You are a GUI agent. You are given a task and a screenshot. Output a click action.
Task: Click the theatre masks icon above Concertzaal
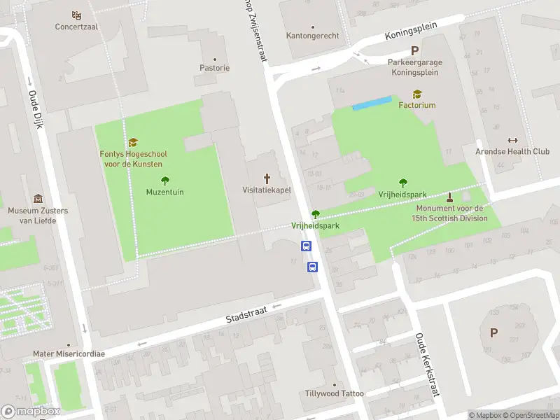click(x=77, y=15)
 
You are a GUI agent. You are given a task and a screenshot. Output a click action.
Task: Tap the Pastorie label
click(x=214, y=68)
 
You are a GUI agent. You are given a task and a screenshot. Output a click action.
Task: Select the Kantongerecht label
click(x=312, y=36)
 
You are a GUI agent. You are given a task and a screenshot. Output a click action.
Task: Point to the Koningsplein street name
click(x=411, y=30)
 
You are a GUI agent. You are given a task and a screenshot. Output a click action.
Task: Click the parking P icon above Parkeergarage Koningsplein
click(x=415, y=50)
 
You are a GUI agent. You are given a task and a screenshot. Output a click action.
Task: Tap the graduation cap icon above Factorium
click(x=417, y=94)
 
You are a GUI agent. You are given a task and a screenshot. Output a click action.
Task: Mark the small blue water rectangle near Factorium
click(x=371, y=104)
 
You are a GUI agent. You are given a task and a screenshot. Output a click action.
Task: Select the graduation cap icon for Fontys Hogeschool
click(x=133, y=142)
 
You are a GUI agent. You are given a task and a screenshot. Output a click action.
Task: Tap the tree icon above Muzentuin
click(x=165, y=180)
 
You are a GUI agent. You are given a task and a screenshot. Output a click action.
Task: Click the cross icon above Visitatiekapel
click(x=267, y=178)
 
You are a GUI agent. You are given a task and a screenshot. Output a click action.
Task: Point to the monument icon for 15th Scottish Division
click(x=449, y=197)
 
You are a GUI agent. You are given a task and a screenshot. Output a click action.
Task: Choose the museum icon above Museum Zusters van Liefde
click(x=38, y=199)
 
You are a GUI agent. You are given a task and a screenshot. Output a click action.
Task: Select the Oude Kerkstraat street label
click(x=426, y=364)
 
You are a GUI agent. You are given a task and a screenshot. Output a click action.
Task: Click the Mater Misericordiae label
click(x=69, y=353)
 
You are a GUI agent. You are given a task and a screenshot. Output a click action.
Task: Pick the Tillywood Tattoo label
click(x=335, y=393)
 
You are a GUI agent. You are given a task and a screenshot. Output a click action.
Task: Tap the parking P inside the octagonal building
click(x=493, y=333)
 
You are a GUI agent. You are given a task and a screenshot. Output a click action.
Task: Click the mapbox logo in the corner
click(x=31, y=412)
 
